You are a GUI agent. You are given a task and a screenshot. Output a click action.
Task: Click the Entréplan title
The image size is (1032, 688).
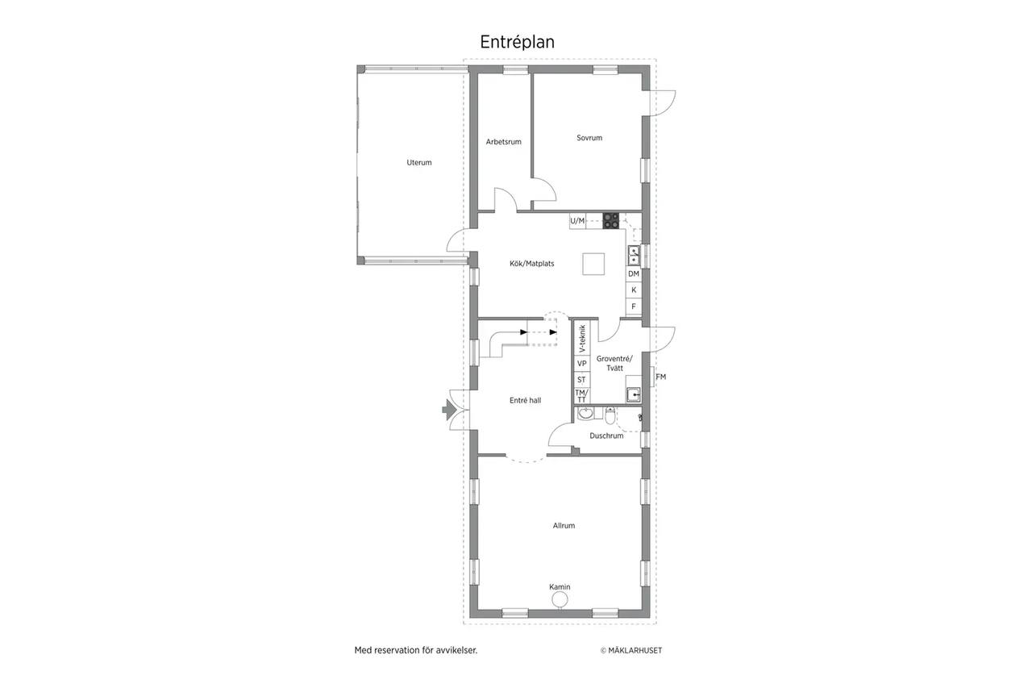coord(517,42)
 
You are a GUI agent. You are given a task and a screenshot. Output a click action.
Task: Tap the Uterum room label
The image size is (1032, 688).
coord(418,162)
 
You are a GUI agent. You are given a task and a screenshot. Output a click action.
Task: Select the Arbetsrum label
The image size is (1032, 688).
coord(504,142)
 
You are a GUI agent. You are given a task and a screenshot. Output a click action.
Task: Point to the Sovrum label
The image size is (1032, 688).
coord(589,138)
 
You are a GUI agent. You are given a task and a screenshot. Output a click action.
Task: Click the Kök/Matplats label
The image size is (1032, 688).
coord(531,264)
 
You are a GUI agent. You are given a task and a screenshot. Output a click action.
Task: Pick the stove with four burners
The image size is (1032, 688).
coord(611,221)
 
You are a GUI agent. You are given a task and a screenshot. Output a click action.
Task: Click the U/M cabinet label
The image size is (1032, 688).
coord(577,221)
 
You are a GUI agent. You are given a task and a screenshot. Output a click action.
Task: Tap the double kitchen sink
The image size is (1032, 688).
coord(634,256)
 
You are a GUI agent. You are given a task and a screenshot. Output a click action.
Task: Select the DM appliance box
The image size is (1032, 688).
coord(634,273)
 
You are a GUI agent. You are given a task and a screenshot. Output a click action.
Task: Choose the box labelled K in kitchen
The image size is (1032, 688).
coord(634,290)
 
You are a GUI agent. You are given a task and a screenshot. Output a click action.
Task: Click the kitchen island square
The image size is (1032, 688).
coord(593,264)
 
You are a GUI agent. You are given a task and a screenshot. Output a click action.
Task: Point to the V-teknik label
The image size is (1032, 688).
coord(582,339)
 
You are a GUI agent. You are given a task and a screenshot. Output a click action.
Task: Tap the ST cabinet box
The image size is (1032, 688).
coord(582,380)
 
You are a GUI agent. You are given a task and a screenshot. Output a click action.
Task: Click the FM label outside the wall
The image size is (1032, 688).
coord(660,377)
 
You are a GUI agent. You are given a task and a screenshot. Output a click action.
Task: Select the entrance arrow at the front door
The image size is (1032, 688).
coord(449,410)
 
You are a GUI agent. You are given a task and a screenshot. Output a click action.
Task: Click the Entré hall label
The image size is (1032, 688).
coord(525,400)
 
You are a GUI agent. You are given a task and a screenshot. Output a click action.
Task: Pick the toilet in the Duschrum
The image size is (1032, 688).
coord(610,415)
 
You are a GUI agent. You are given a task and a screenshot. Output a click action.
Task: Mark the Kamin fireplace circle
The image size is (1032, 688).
coord(560,599)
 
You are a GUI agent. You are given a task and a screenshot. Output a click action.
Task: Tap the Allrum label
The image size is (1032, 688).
coord(564,525)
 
